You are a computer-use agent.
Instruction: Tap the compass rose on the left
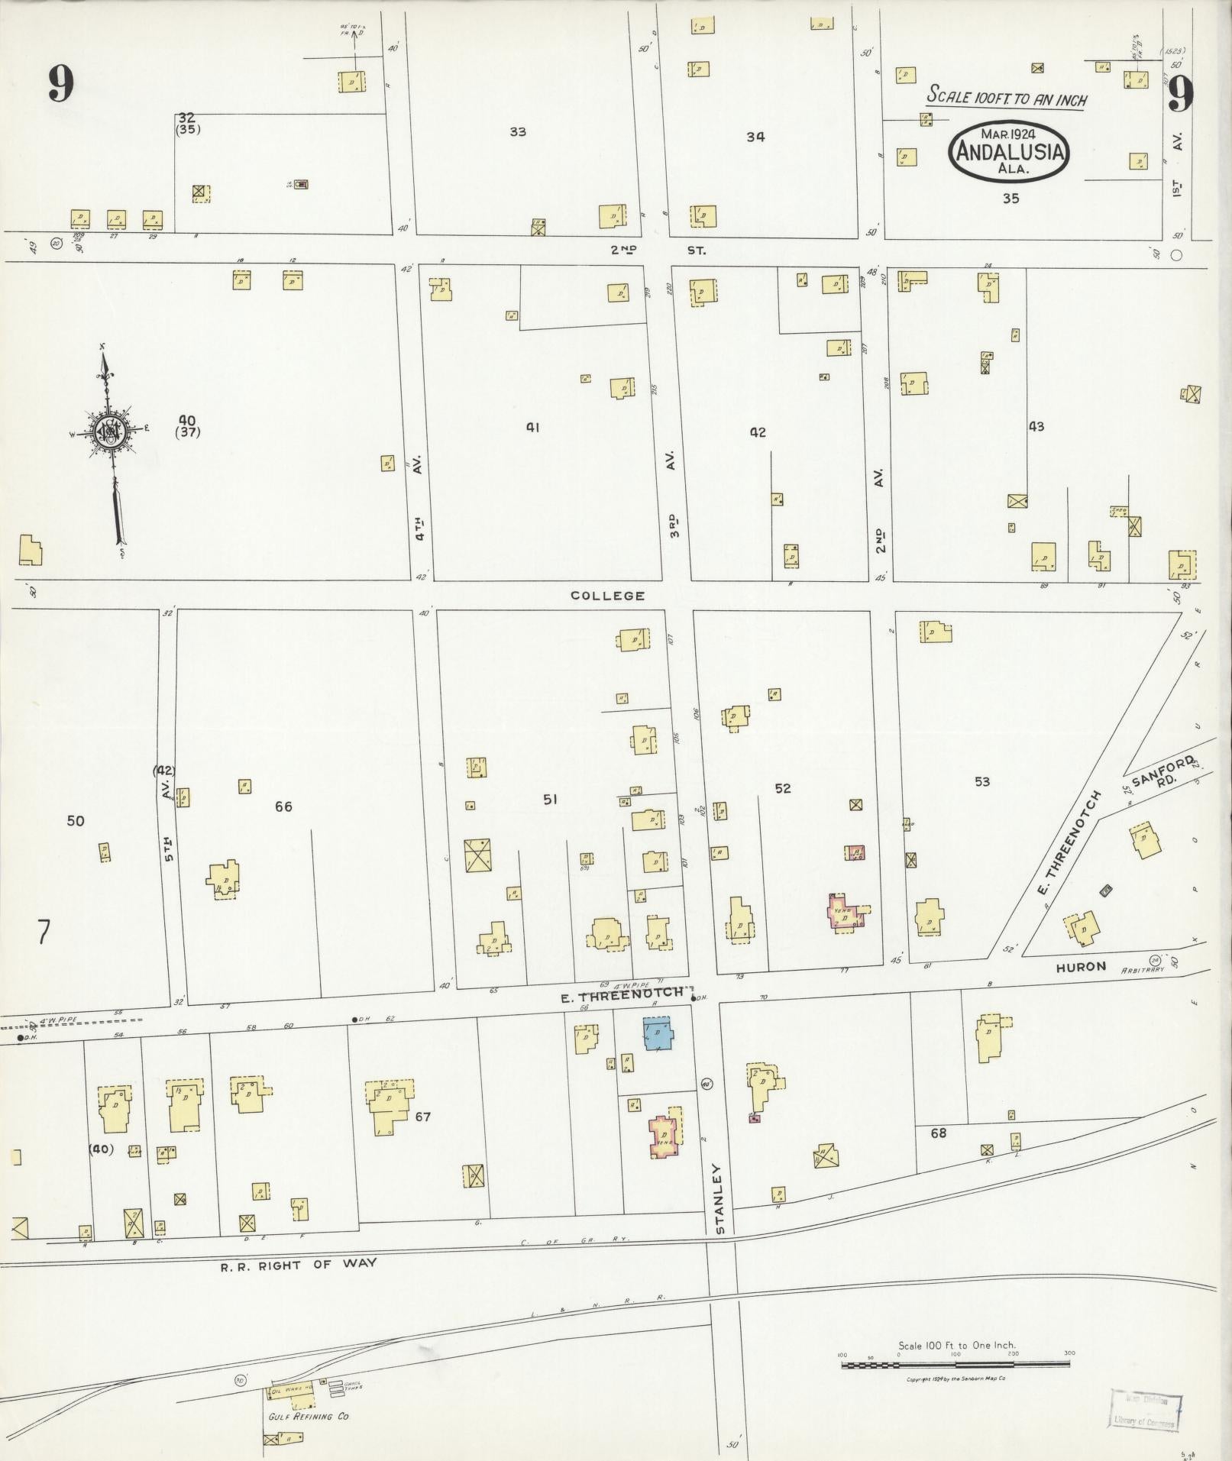[108, 433]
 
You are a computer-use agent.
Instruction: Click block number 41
[532, 428]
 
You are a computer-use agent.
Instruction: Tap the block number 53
[982, 781]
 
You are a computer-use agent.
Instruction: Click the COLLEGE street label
[608, 596]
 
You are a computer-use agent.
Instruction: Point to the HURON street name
[1081, 967]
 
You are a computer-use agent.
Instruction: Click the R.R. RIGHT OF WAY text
[299, 1264]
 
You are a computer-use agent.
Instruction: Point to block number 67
[422, 1117]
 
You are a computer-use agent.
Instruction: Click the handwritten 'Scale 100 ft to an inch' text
[1007, 98]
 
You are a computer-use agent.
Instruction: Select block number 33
[518, 131]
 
